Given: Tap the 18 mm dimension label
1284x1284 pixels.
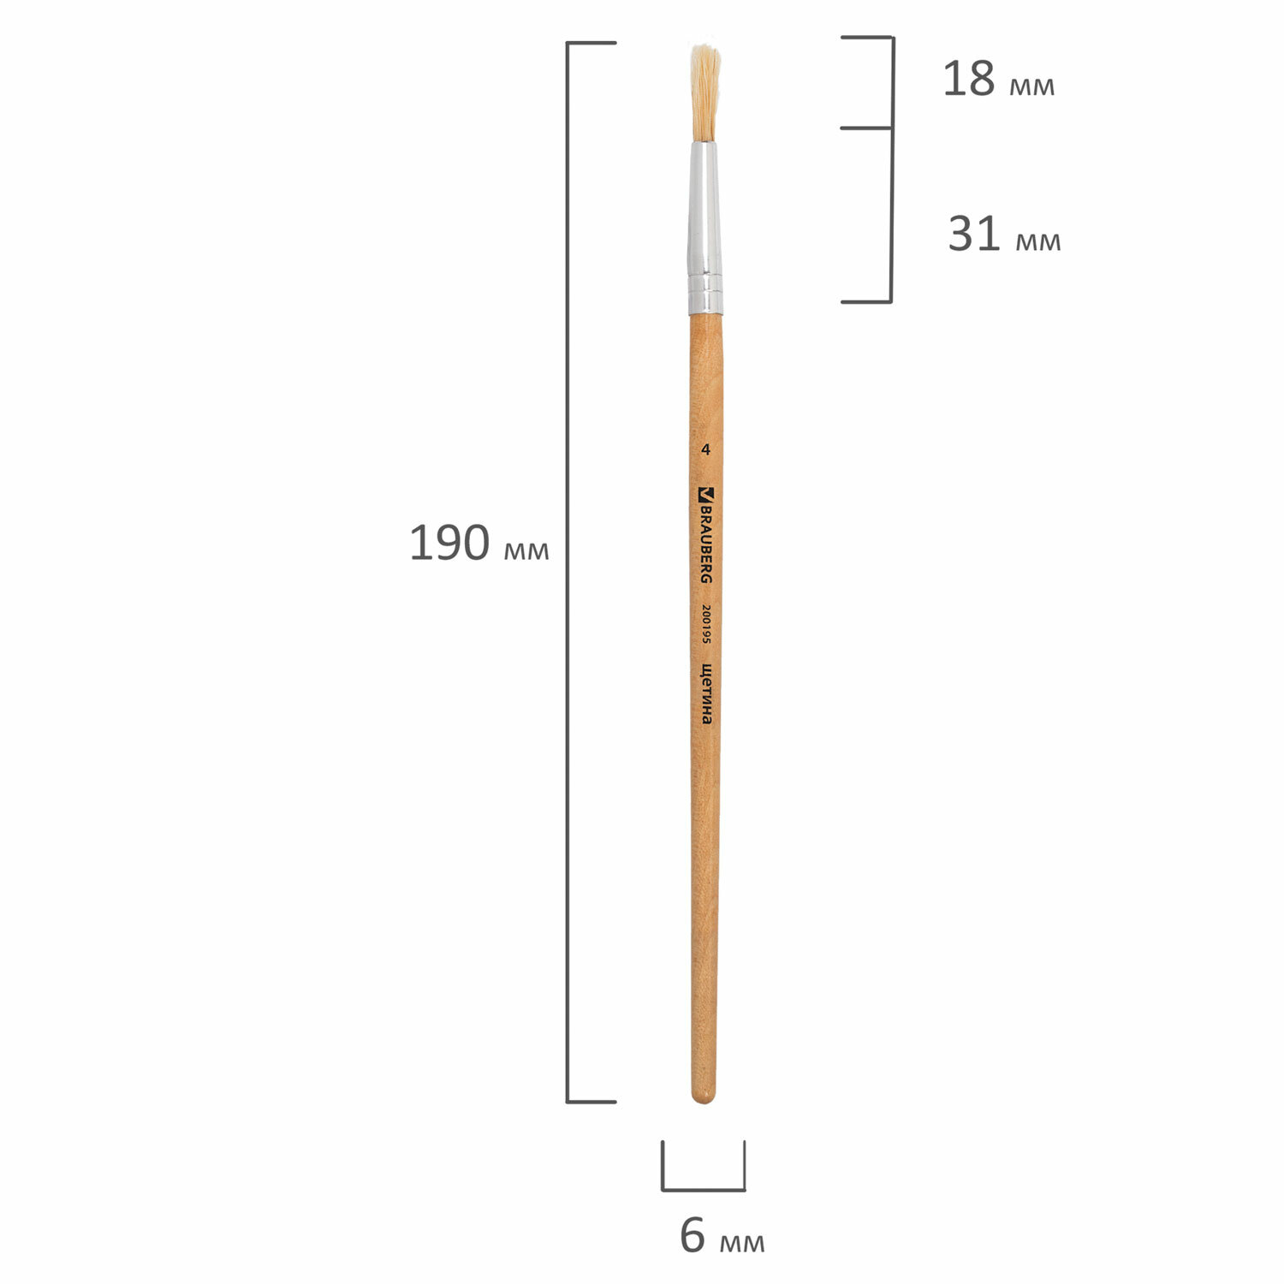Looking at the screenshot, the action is tap(999, 79).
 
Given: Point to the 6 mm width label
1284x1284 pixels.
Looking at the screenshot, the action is tap(722, 1235).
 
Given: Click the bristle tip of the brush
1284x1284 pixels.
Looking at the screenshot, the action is tap(705, 50).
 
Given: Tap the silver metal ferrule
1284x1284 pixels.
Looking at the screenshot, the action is tap(704, 228).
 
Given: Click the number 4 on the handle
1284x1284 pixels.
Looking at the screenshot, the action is tap(706, 449).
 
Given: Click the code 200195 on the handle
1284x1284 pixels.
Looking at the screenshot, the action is tap(706, 624).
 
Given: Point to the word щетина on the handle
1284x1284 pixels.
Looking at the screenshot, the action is tap(706, 693).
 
